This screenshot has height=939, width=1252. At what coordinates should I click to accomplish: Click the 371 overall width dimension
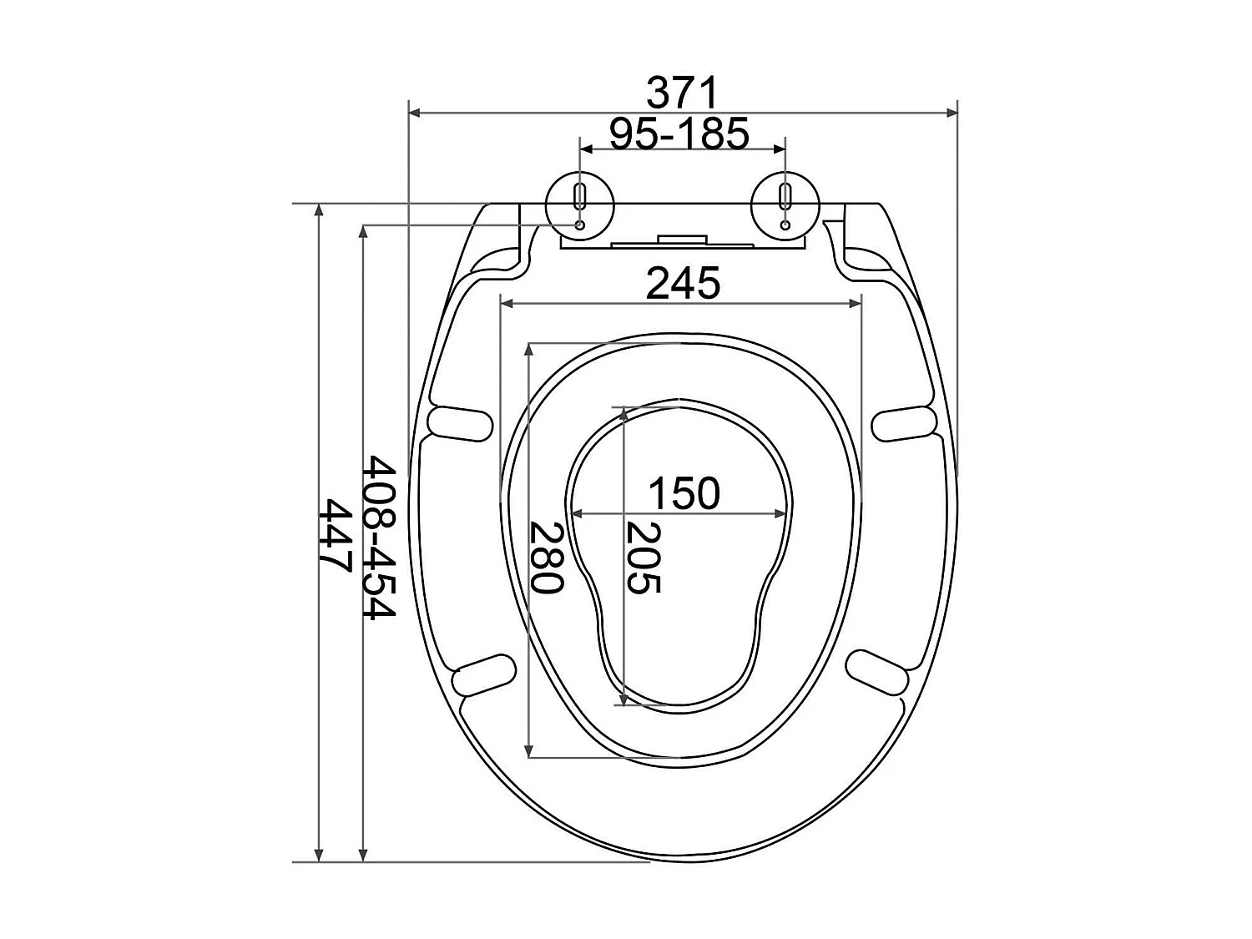(682, 93)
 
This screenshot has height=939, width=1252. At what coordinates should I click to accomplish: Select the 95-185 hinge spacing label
(679, 133)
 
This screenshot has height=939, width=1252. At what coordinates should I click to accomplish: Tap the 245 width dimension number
(683, 284)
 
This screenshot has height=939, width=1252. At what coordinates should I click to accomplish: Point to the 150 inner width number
(684, 492)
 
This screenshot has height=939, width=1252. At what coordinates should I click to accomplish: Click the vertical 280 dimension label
(548, 557)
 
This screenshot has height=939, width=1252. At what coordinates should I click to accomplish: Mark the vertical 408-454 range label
(380, 536)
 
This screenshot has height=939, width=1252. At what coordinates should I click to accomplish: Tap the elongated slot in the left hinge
(579, 196)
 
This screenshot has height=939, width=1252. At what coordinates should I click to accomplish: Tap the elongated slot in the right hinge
(785, 196)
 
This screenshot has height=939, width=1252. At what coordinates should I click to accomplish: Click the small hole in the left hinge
(579, 225)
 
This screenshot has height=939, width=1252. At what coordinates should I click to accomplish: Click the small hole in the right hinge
(785, 225)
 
